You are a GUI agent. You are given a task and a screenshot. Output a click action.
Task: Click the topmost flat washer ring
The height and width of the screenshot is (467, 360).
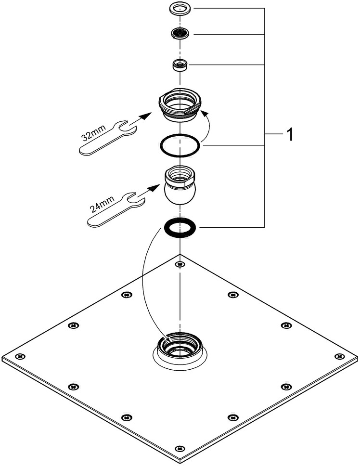[x=180, y=9]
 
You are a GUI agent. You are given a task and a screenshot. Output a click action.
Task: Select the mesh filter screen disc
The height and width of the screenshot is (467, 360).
[x=180, y=34]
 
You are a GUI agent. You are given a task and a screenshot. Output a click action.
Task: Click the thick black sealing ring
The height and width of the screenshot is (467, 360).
[x=179, y=226]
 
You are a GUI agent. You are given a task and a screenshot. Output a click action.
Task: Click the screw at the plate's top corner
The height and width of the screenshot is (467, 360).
[x=180, y=264]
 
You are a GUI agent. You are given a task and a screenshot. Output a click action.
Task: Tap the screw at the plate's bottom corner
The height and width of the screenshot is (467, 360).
[x=180, y=449]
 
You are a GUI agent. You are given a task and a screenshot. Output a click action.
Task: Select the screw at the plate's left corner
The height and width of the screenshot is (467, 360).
[x=20, y=356]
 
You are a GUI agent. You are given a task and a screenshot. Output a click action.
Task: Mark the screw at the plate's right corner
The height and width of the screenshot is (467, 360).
[x=339, y=356]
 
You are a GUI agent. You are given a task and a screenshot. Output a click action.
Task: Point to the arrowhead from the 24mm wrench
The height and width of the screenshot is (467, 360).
[x=155, y=186]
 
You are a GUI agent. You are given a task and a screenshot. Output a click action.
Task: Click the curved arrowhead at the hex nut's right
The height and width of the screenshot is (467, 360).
[x=204, y=114]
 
